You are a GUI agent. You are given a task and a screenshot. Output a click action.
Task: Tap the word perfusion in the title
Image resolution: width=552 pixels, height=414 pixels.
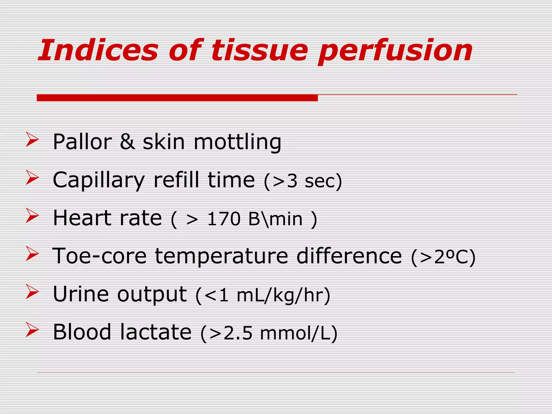click(395, 51)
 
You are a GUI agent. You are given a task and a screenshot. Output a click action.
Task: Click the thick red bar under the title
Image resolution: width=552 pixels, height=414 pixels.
click(177, 98)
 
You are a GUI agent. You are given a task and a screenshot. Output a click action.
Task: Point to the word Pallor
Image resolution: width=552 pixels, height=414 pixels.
click(82, 142)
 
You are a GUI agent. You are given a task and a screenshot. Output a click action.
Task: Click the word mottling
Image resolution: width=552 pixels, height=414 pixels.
click(237, 142)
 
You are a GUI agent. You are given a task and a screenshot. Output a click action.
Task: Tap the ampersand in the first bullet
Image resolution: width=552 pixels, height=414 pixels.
click(127, 142)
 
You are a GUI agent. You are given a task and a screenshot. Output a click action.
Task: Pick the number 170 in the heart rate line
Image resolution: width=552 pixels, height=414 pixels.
click(223, 219)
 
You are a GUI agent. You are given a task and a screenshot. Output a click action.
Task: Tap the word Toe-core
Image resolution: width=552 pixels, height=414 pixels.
click(99, 256)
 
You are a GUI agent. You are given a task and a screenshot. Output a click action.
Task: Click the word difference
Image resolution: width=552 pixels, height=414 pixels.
click(349, 256)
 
